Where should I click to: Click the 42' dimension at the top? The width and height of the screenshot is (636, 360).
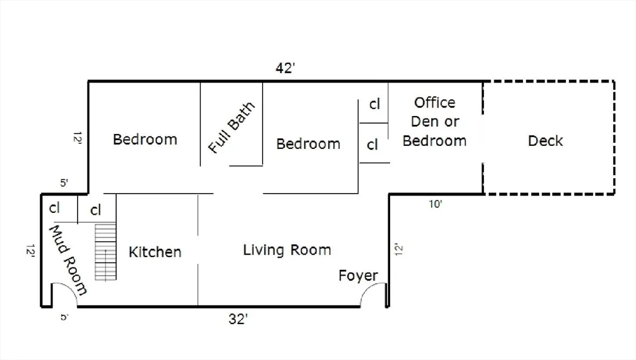point(284,68)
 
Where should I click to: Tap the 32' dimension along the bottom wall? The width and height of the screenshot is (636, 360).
point(238,319)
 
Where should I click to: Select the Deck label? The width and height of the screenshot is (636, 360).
point(545,141)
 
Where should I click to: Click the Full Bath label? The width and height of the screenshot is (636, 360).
point(232,128)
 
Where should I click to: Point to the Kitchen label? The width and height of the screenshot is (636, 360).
point(155,252)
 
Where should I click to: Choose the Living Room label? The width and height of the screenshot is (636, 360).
point(286,250)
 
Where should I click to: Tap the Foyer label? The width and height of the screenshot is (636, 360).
point(358,276)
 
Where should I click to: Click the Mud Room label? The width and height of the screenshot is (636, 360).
point(68,259)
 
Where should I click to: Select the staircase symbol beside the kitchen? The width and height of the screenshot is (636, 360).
point(106,252)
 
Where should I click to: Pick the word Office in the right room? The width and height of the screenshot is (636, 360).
point(435,102)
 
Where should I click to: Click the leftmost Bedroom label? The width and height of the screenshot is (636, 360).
point(145,139)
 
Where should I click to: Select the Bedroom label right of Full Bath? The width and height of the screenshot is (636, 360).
point(308,144)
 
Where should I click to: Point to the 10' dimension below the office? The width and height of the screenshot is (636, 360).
point(435,204)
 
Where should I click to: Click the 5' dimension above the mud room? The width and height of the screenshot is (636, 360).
point(65,183)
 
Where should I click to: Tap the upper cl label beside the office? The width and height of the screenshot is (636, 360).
point(375,104)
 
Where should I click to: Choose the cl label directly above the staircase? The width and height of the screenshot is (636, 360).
point(96,210)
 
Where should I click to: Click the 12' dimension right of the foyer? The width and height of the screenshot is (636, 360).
point(399,250)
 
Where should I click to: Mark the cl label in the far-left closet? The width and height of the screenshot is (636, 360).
point(55,208)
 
